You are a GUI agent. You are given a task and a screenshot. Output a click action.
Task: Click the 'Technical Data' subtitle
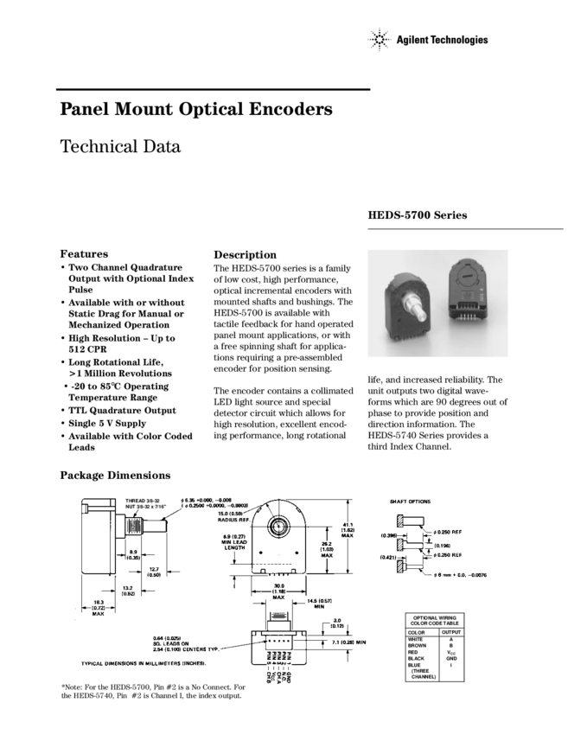(x=119, y=146)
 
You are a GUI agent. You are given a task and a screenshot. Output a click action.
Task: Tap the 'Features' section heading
(x=84, y=254)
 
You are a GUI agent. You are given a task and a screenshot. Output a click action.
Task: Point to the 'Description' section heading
(x=245, y=255)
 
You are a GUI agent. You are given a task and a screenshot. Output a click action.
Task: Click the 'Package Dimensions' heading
(x=115, y=476)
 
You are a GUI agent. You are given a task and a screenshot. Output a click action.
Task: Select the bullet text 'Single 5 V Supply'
(x=107, y=424)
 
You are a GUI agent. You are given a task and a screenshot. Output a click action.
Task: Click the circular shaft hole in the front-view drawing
(x=280, y=527)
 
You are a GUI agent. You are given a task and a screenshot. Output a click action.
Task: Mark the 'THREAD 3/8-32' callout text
(x=143, y=501)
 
